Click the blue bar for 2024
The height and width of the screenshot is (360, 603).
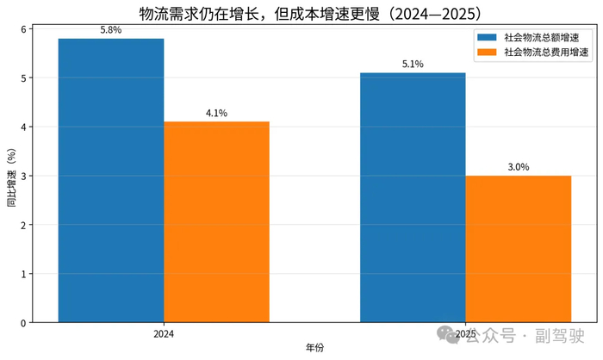click(111, 180)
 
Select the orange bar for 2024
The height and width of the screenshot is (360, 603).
click(216, 222)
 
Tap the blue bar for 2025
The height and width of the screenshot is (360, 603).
click(413, 197)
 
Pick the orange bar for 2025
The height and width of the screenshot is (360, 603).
click(519, 249)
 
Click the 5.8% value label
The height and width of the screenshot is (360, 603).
click(111, 30)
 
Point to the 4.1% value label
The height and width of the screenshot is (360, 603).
click(216, 113)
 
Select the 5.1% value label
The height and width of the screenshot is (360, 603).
click(413, 65)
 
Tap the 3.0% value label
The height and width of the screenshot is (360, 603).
click(519, 167)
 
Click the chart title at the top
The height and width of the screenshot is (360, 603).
click(310, 14)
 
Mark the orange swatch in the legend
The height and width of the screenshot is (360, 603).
click(487, 52)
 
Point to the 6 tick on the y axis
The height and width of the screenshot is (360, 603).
click(23, 29)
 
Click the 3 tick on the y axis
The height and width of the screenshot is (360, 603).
click(23, 177)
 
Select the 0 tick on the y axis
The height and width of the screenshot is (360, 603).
click(23, 323)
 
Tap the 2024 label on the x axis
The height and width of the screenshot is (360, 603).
click(164, 334)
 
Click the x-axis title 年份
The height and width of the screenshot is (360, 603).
click(315, 348)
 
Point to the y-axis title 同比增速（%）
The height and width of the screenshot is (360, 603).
click(11, 177)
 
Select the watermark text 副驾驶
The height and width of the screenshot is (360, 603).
click(560, 336)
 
